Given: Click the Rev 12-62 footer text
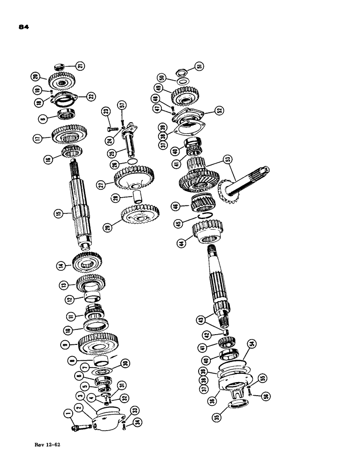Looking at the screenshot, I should [x=48, y=445].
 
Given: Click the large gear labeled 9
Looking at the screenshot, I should [x=98, y=343].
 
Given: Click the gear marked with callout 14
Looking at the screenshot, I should [x=88, y=264].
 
